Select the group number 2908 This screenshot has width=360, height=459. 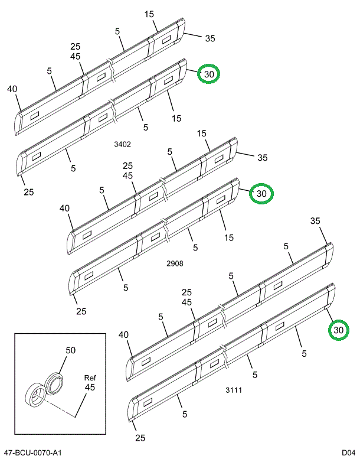pyautogui.click(x=174, y=263)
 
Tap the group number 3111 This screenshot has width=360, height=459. pyautogui.click(x=234, y=390)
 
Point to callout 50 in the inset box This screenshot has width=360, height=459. pyautogui.click(x=70, y=350)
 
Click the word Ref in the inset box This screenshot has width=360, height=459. pyautogui.click(x=90, y=377)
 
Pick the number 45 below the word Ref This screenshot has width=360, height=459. pyautogui.click(x=90, y=388)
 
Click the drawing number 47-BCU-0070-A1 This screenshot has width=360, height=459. pyautogui.click(x=32, y=453)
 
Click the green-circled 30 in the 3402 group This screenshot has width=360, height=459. pyautogui.click(x=209, y=74)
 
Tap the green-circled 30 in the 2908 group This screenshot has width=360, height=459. pyautogui.click(x=261, y=193)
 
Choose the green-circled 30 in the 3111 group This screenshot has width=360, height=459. pyautogui.click(x=338, y=330)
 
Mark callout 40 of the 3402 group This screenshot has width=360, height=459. pyautogui.click(x=13, y=89)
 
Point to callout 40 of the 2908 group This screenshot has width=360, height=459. pyautogui.click(x=65, y=208)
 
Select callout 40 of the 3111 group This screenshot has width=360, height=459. pyautogui.click(x=123, y=335)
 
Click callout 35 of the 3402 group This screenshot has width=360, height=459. pyautogui.click(x=210, y=38)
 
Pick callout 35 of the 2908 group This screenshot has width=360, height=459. pyautogui.click(x=263, y=157)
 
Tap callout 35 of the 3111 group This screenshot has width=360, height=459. pyautogui.click(x=315, y=221)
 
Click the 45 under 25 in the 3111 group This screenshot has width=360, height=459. pyautogui.click(x=187, y=302)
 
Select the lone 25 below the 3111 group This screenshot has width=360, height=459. pyautogui.click(x=139, y=438)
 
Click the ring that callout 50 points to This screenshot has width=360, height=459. pyautogui.click(x=55, y=382)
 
